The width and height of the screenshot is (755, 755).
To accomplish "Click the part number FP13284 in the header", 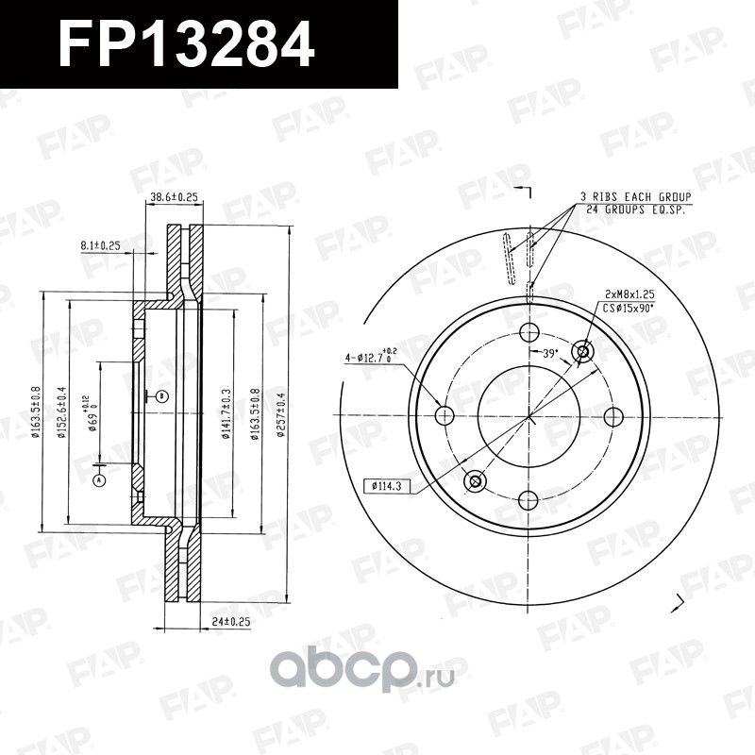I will [x=187, y=43].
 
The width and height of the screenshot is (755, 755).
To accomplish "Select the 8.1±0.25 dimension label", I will [x=101, y=245].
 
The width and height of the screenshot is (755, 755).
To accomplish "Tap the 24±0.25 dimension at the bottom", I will [x=232, y=622].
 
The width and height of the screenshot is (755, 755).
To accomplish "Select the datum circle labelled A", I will [x=98, y=480].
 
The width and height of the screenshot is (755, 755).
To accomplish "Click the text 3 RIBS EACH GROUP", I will [x=636, y=195].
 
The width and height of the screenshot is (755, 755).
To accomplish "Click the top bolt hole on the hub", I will [x=528, y=332].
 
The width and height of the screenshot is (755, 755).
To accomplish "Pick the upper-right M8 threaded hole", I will [x=582, y=352].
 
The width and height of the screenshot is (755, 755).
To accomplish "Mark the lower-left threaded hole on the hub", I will [x=475, y=481].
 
